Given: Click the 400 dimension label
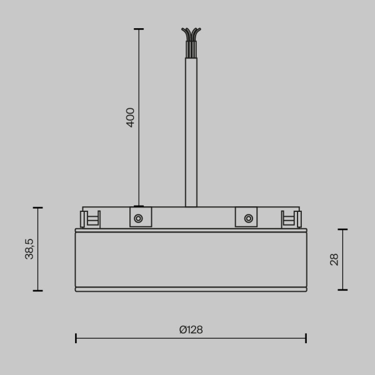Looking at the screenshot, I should (x=130, y=117).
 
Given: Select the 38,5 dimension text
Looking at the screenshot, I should (x=29, y=249).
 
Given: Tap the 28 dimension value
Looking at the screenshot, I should (x=334, y=259).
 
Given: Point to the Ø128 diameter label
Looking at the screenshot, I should (x=191, y=329).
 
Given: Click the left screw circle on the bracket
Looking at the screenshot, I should (x=138, y=218).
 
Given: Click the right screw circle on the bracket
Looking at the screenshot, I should (x=249, y=218).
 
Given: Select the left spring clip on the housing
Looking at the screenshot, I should (x=89, y=219).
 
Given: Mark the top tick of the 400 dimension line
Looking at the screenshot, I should (x=138, y=29).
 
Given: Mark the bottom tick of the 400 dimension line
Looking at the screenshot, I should (x=138, y=206).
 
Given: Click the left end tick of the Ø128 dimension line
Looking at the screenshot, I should (x=76, y=338).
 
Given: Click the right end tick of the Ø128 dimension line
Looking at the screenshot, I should (x=306, y=338).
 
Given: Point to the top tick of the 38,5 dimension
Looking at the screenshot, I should (x=38, y=207).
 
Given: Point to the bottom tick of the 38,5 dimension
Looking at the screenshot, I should (x=38, y=291).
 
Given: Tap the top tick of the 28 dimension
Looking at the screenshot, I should (x=342, y=229).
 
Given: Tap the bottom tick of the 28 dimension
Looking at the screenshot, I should (x=342, y=290).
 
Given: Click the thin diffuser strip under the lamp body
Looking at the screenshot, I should (x=191, y=289).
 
